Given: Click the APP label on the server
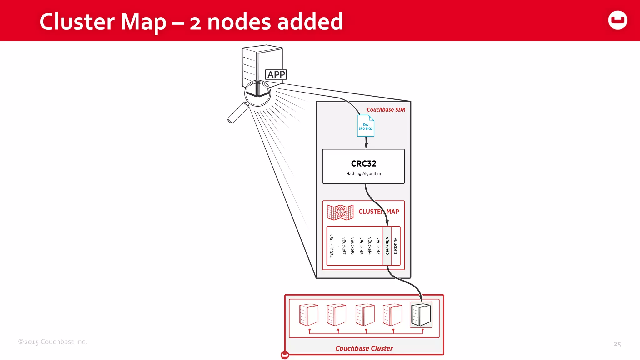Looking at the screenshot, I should click(276, 74).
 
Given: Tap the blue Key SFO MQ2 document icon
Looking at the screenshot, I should click(366, 126).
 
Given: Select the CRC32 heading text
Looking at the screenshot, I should click(363, 163).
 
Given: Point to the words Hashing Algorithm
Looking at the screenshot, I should click(363, 174).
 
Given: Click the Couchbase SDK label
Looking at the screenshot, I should click(386, 110).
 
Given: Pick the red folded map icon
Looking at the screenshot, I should click(340, 212).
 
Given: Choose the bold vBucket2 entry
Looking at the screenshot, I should click(387, 246).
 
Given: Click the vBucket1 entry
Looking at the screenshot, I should click(395, 246).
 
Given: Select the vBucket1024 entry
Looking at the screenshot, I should click(331, 246).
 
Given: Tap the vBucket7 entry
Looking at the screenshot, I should click(344, 246).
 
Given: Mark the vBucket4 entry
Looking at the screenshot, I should click(370, 246).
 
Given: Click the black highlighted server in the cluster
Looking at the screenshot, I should click(421, 315).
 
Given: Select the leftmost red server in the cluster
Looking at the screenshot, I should click(308, 315).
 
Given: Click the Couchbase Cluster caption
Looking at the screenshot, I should click(364, 348).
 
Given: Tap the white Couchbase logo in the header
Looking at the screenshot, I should click(617, 20).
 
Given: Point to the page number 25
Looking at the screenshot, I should click(617, 344).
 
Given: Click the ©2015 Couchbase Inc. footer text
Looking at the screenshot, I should click(52, 342).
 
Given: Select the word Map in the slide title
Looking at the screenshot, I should click(143, 22).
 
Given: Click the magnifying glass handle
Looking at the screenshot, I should click(237, 113).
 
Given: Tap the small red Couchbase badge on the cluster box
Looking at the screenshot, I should click(285, 355).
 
